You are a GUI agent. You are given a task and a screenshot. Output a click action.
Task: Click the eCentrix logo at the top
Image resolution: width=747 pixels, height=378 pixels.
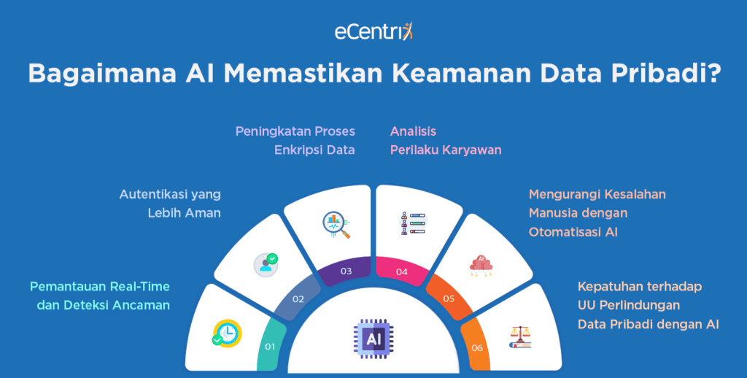click(x=373, y=32)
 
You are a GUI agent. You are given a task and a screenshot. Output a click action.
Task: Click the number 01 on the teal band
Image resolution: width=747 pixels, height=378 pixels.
click(x=269, y=346)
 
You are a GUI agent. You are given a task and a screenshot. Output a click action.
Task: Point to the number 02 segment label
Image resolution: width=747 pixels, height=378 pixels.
click(x=298, y=298)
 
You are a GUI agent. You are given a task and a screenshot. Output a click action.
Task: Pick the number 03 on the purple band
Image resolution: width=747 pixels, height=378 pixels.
click(x=346, y=271)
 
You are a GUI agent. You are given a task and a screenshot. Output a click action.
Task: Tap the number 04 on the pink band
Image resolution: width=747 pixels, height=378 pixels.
click(x=402, y=271)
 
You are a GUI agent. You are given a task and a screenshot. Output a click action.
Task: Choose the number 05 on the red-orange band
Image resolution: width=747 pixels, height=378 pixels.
click(x=449, y=298)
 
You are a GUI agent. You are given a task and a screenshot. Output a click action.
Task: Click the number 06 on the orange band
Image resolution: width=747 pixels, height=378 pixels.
click(x=477, y=347)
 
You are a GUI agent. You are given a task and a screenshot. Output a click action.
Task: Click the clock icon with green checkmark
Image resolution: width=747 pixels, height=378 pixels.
click(x=227, y=332)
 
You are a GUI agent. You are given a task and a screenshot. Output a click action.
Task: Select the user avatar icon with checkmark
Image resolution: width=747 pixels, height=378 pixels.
click(x=266, y=263)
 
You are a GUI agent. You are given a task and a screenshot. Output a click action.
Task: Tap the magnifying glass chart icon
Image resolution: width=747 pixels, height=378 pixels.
click(x=336, y=225)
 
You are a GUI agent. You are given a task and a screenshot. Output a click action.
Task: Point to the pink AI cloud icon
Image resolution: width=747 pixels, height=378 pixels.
click(x=481, y=264)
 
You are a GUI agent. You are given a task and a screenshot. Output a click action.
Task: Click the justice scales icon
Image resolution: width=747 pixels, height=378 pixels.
click(x=520, y=335)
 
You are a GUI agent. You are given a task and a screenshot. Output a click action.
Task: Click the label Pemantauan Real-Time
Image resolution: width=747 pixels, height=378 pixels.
click(x=100, y=286)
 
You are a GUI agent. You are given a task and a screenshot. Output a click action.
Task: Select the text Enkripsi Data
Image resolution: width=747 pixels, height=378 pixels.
click(x=314, y=150)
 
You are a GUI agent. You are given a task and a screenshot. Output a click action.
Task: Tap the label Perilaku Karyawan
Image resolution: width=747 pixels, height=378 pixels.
click(x=445, y=150)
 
